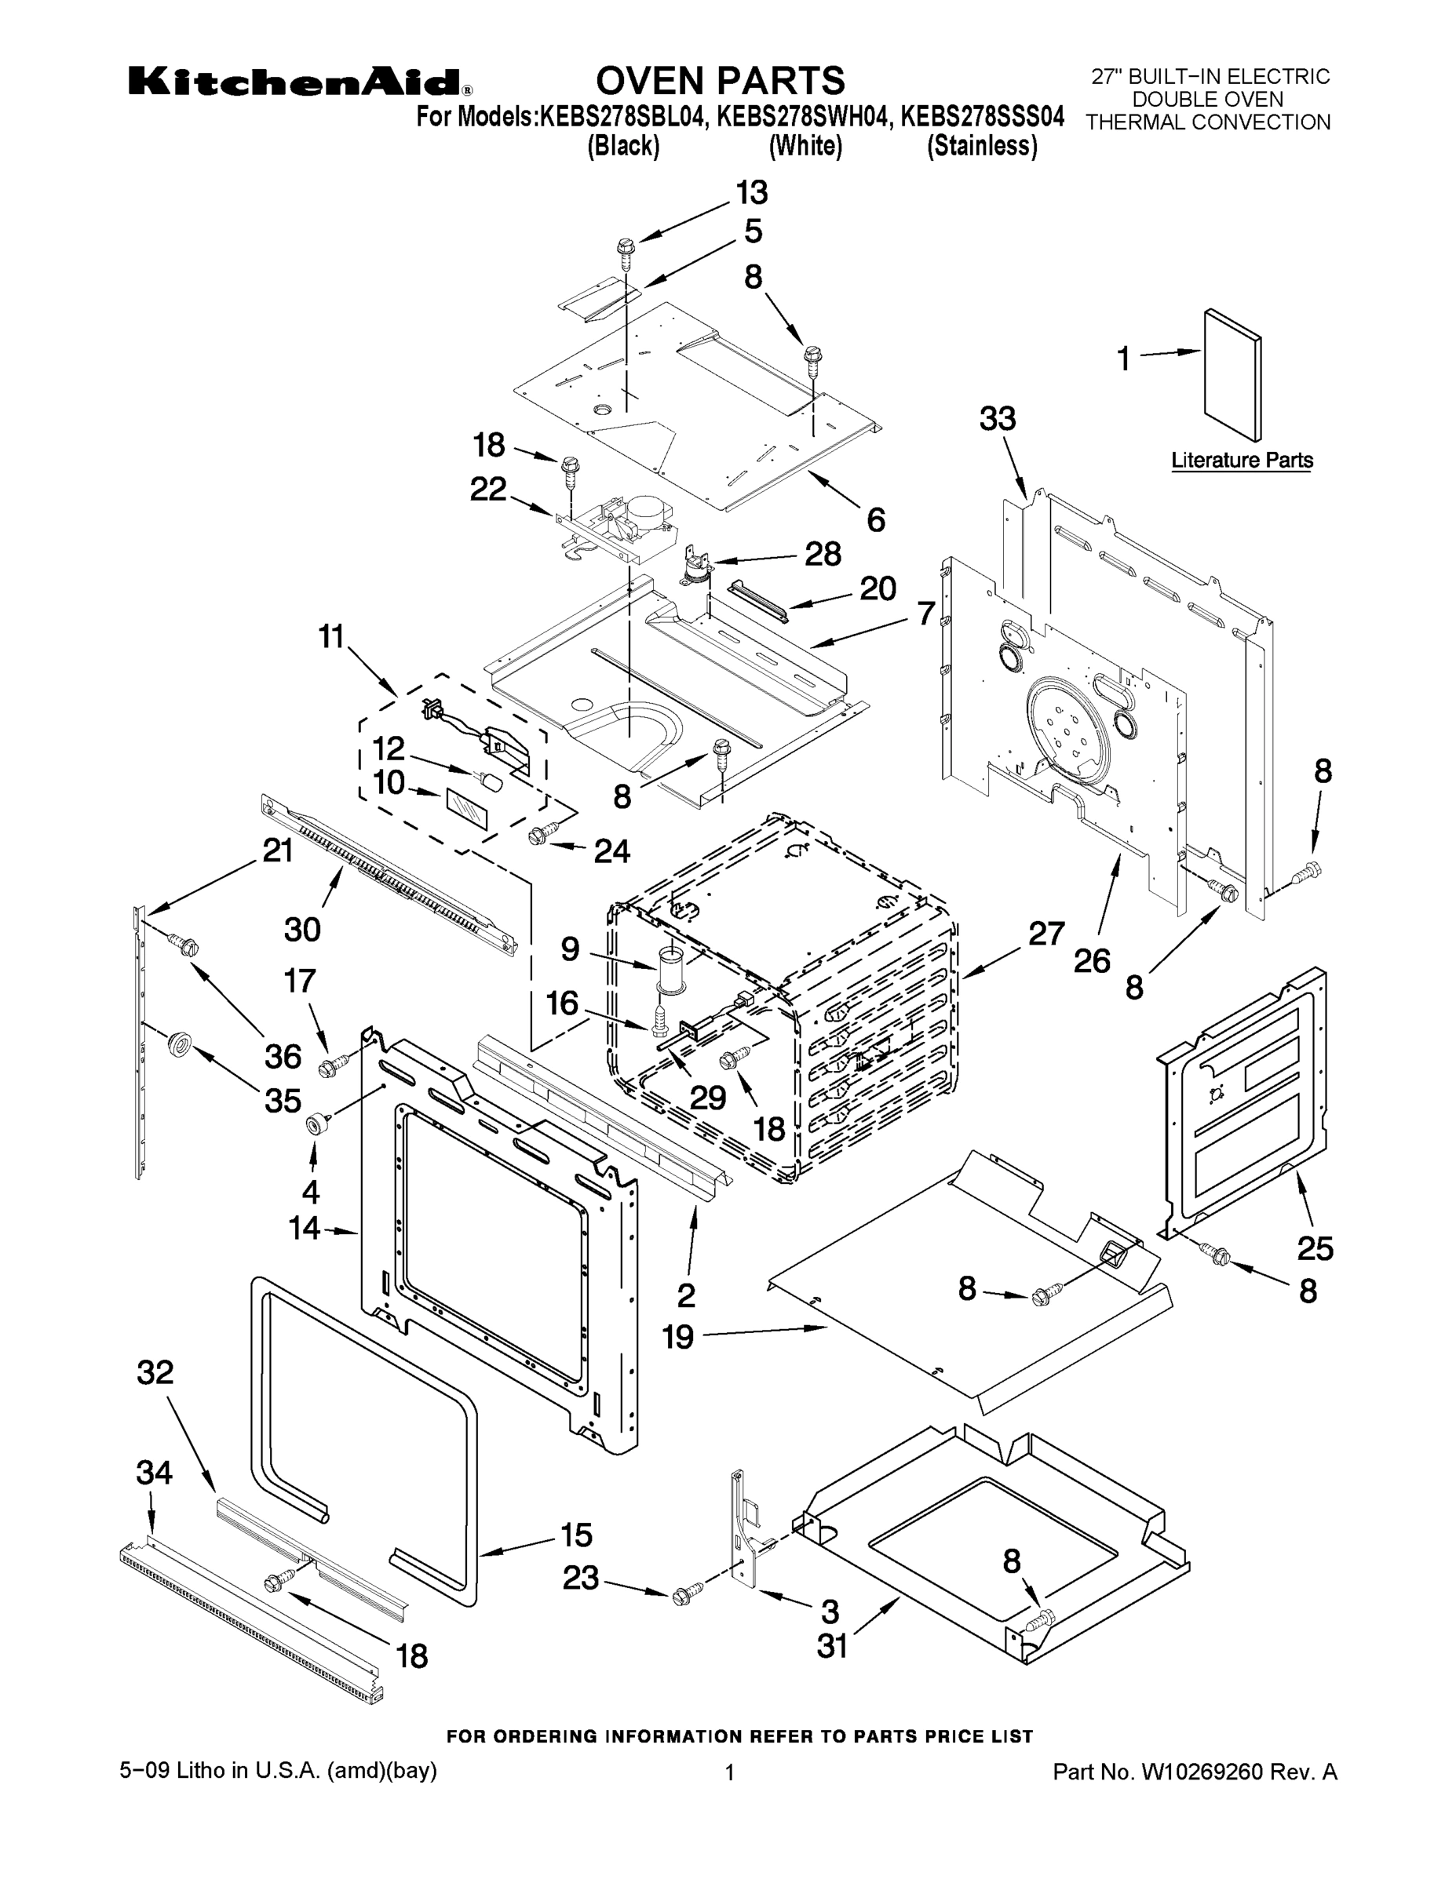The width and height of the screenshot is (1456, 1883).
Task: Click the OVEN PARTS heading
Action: point(721,80)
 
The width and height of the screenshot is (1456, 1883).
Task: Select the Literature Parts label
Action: point(1241,461)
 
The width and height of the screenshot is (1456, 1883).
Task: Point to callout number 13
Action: point(751,193)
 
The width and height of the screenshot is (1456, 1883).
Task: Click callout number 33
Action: point(998,419)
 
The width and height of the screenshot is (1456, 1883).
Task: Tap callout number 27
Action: point(1046,933)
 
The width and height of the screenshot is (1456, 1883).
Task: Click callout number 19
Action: point(678,1337)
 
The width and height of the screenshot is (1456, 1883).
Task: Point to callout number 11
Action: point(331,637)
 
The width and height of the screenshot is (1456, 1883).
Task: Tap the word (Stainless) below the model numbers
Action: point(982,146)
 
